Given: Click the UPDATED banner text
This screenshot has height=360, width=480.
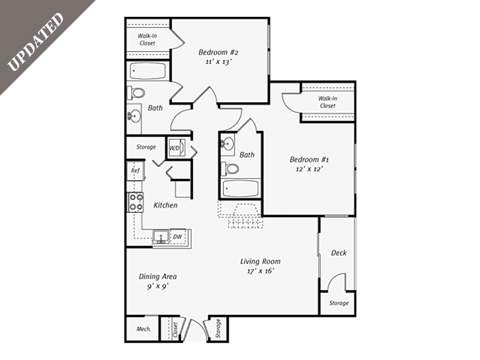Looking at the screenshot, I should [x=35, y=41].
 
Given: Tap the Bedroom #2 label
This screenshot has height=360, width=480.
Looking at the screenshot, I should [x=218, y=52].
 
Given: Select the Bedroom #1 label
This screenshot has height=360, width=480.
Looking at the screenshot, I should [x=310, y=160].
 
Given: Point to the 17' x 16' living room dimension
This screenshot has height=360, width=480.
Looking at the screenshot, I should [x=260, y=271].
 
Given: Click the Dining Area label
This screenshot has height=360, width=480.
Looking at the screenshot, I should [x=158, y=277].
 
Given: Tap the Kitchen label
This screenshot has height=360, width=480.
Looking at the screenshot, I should [x=165, y=205].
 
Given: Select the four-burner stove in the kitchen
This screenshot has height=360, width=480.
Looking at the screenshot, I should [x=136, y=203].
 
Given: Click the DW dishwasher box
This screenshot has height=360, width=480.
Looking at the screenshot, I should [x=178, y=237].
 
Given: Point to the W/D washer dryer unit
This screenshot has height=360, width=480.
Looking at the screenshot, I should [x=175, y=148].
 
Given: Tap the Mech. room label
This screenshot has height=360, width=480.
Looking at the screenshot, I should [x=143, y=329].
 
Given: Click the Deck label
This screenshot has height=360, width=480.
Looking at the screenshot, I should [x=339, y=253].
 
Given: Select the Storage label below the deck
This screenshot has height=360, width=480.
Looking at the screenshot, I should [x=338, y=303].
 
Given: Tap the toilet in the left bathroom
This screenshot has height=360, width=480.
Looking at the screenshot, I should [x=136, y=93].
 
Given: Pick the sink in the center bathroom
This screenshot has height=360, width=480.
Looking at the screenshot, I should [x=228, y=144].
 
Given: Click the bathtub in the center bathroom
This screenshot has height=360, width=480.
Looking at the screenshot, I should [x=241, y=189].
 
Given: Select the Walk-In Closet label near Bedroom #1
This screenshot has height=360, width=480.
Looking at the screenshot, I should [x=328, y=102].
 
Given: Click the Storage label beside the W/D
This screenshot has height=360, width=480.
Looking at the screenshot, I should [x=146, y=147].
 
